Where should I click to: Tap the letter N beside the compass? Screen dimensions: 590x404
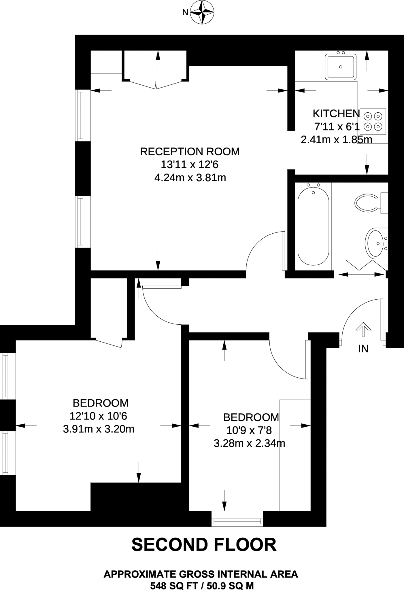click(x=185, y=12)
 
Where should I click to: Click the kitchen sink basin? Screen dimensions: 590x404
click(x=341, y=67)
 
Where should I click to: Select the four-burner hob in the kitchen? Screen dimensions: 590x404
click(x=373, y=122)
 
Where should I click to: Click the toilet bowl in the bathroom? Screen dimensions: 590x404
click(x=367, y=203)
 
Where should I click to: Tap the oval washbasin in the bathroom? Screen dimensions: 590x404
click(x=376, y=243)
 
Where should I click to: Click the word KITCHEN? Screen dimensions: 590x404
click(x=336, y=114)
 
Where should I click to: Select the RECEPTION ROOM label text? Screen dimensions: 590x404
click(x=190, y=152)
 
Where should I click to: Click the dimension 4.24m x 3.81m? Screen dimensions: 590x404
click(x=190, y=178)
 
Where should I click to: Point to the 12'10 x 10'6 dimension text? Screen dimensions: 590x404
click(x=98, y=416)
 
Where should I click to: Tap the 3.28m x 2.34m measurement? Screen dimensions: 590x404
click(x=249, y=443)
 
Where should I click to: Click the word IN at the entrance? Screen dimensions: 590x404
click(x=363, y=349)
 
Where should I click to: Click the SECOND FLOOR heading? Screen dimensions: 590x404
click(x=204, y=544)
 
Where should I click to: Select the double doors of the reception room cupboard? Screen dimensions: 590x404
click(x=156, y=84)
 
